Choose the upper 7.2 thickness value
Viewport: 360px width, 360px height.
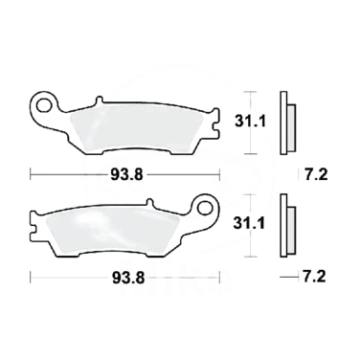[x=317, y=174]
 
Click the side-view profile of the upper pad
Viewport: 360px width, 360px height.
[x=283, y=123]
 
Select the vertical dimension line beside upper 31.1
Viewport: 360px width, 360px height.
[x=251, y=123]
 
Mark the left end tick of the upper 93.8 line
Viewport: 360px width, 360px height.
[x=31, y=174]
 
